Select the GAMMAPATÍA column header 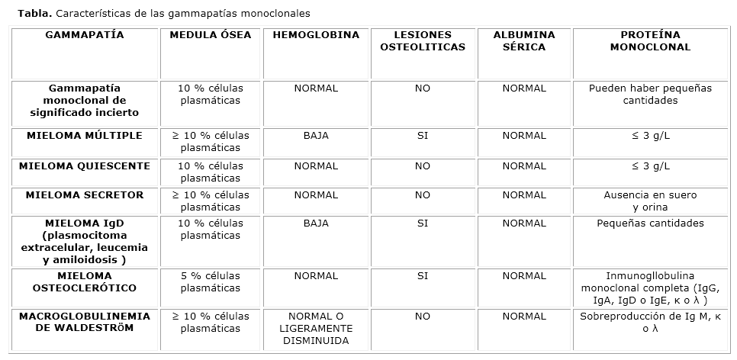[x=85, y=35]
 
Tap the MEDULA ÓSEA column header [x=210, y=35]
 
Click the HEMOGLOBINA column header [x=315, y=35]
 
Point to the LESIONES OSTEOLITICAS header [x=423, y=41]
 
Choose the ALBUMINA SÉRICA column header [x=524, y=41]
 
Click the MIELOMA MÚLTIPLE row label [x=85, y=136]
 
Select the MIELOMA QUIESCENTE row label [x=85, y=166]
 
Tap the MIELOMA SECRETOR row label [x=85, y=195]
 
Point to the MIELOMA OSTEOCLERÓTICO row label [x=85, y=282]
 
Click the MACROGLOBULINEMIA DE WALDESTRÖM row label [x=85, y=322]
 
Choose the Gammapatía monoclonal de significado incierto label [x=85, y=101]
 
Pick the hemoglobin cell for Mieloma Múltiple [x=315, y=136]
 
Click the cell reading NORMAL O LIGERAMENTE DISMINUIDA [x=315, y=329]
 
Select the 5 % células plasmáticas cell [x=210, y=282]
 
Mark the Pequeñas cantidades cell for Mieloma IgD [x=650, y=223]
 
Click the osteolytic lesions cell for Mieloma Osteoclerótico [x=423, y=276]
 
